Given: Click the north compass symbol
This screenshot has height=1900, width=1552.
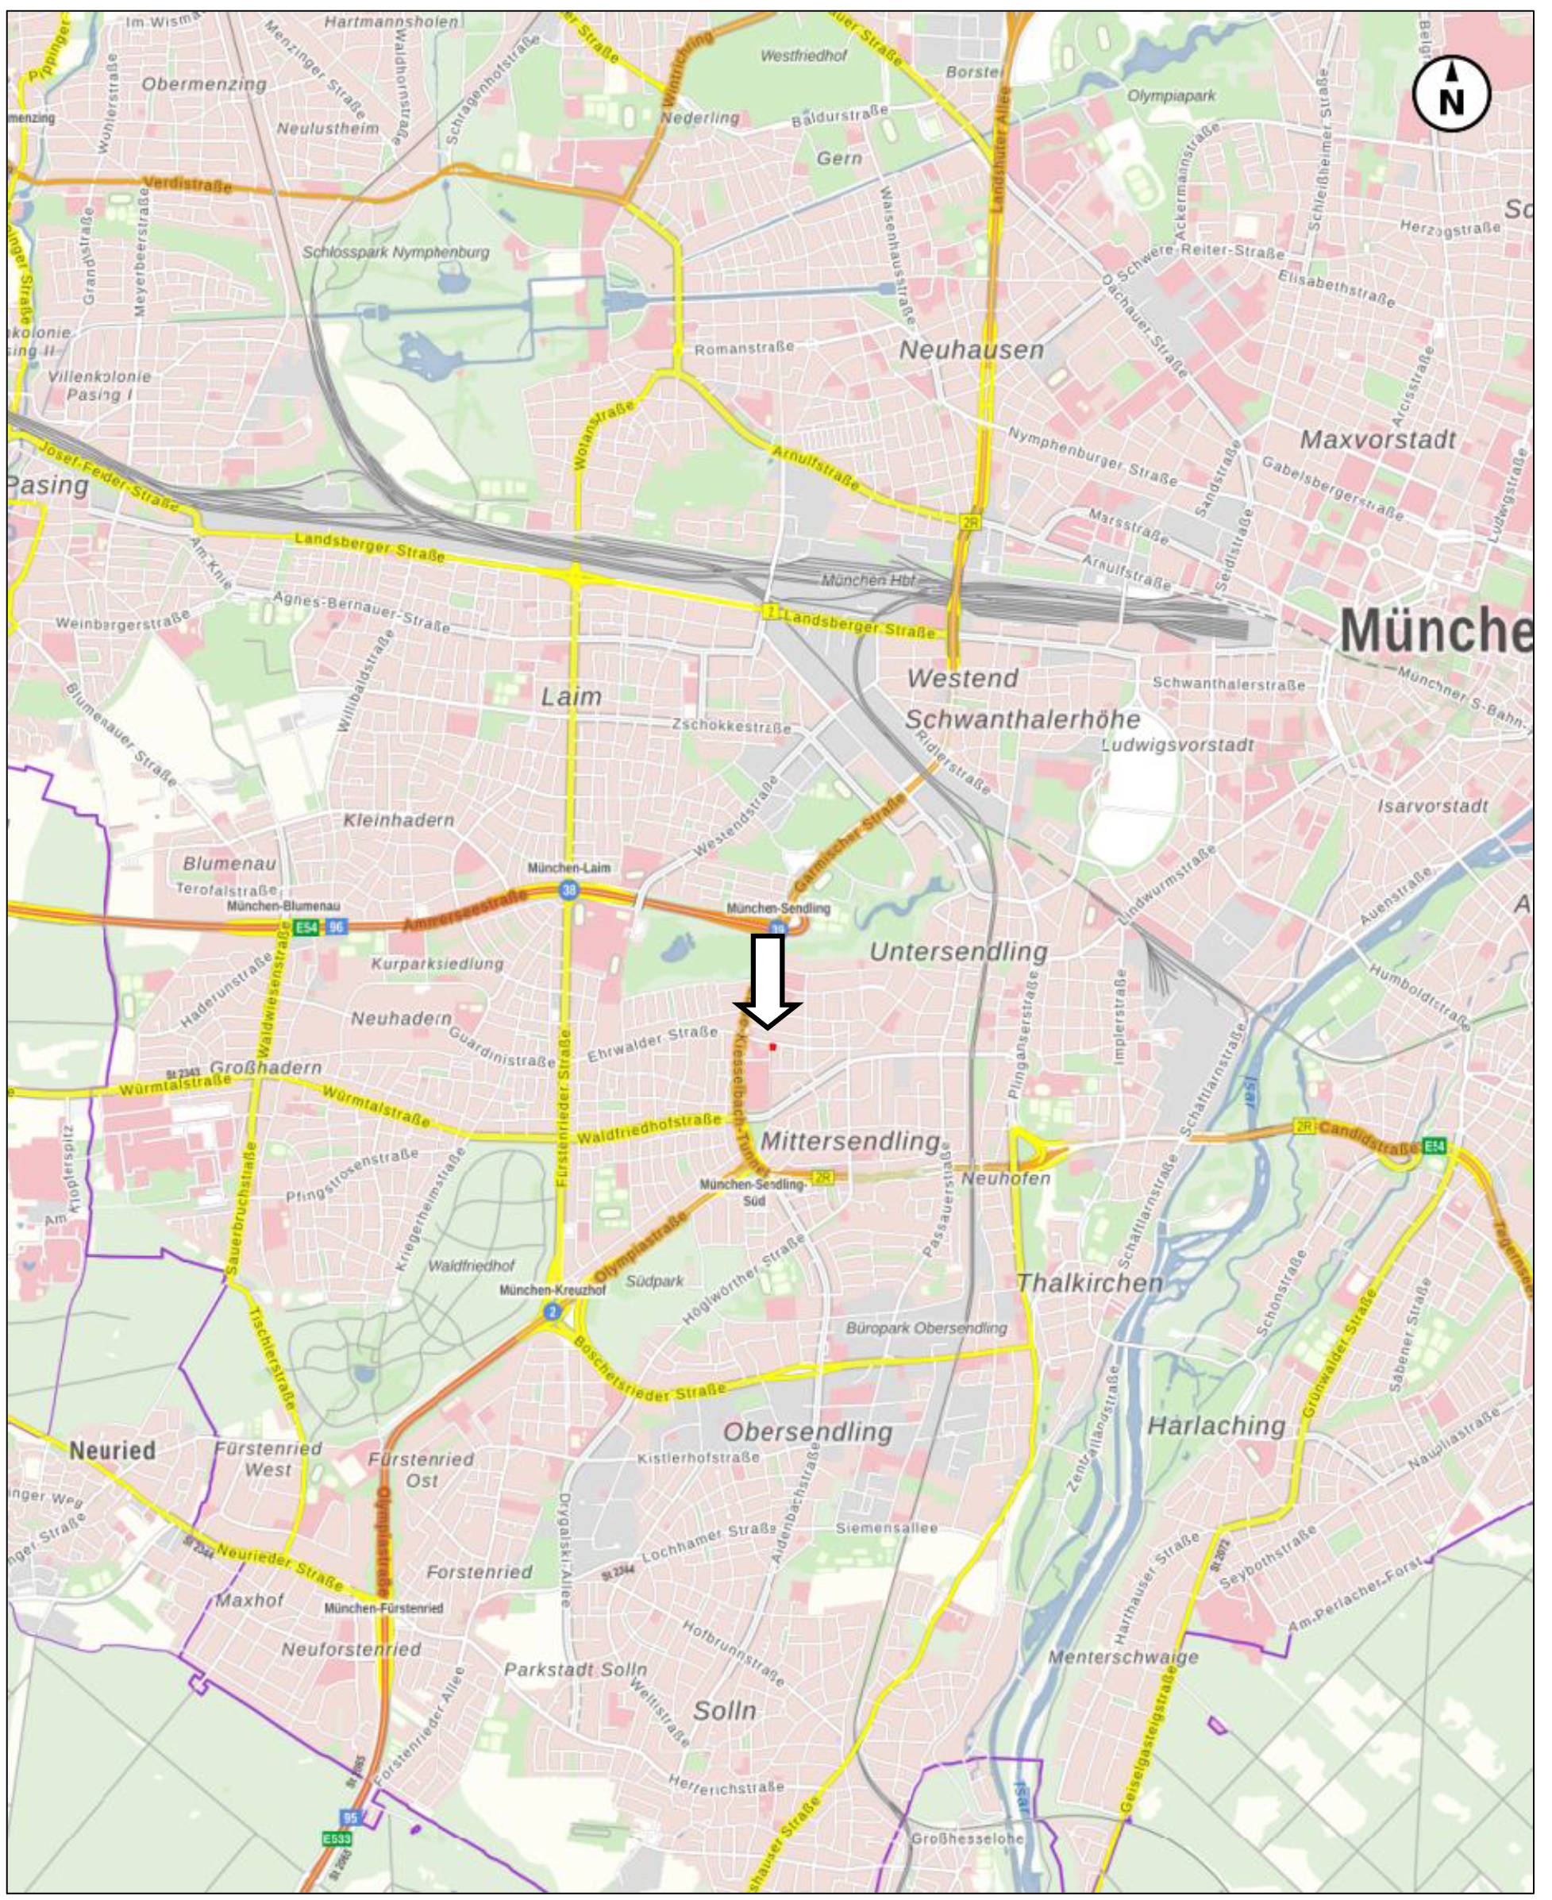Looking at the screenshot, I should [x=1451, y=94].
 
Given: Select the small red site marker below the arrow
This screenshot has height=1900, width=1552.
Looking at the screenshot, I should [x=772, y=1046].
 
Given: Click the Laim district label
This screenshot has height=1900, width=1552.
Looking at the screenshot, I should [x=572, y=696].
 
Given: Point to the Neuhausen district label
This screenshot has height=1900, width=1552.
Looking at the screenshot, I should [x=971, y=349].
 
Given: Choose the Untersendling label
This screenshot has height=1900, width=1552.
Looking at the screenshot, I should [x=957, y=951].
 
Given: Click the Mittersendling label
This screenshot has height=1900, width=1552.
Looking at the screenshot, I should [x=850, y=1142].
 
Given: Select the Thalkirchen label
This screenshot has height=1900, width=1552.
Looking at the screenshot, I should [x=1090, y=1283].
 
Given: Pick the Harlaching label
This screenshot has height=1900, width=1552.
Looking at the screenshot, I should [x=1216, y=1425].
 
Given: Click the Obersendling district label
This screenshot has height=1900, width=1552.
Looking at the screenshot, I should [x=807, y=1432].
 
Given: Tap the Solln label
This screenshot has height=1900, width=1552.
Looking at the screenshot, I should [x=724, y=1710].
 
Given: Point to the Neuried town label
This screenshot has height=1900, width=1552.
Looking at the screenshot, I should [x=113, y=1451].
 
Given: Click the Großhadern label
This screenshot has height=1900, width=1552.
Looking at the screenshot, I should [x=264, y=1068].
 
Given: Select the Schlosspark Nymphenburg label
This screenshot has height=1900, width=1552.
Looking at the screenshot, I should [x=396, y=252].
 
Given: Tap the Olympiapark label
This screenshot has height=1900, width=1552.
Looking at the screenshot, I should [x=1170, y=94].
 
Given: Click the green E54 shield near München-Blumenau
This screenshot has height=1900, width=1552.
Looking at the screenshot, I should [x=306, y=927].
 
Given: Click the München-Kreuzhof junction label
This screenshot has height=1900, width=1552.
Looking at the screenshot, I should [x=553, y=1290].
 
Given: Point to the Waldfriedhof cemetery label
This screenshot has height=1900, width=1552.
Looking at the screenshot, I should [x=471, y=1266].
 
